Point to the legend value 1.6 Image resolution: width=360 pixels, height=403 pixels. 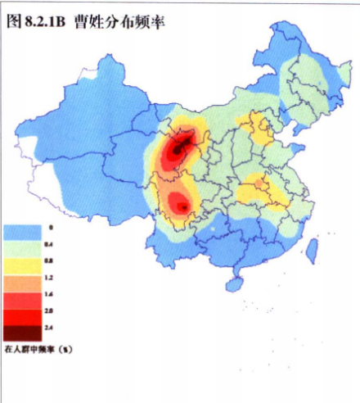pos(50,292)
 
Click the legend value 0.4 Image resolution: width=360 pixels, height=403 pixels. pos(50,245)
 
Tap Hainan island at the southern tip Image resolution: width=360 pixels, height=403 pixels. pos(234,283)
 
